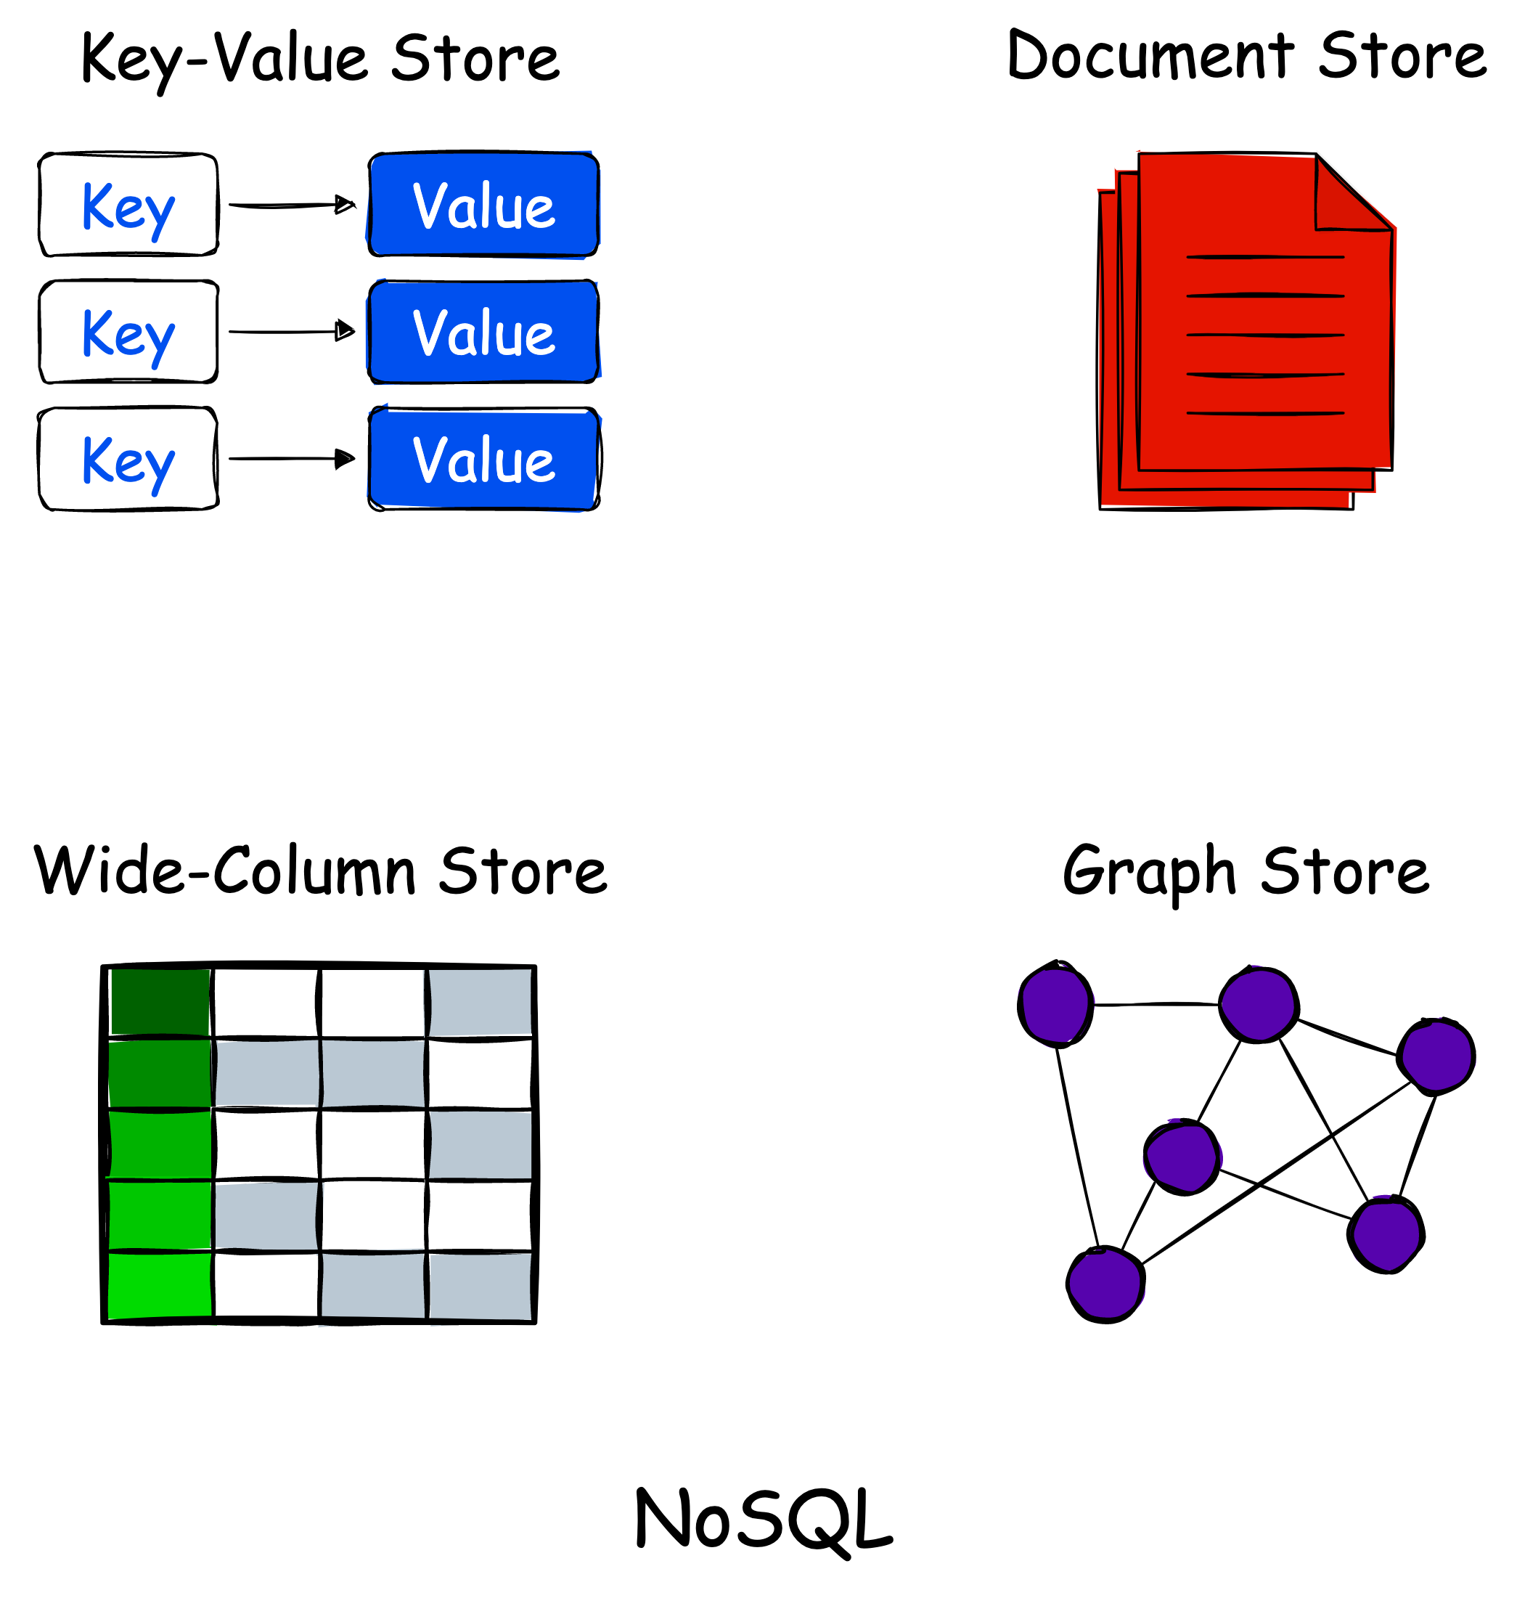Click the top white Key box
click(x=128, y=205)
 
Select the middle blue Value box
click(x=483, y=332)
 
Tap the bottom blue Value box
click(x=483, y=459)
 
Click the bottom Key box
click(x=128, y=459)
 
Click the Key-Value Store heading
click(x=320, y=58)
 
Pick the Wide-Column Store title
click(x=320, y=871)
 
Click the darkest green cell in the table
click(x=160, y=1001)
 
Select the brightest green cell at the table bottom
click(x=160, y=1286)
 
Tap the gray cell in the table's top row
click(x=480, y=1001)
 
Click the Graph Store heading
click(x=1246, y=871)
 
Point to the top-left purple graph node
click(x=1055, y=1005)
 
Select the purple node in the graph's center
click(x=1182, y=1157)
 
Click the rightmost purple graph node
click(x=1437, y=1056)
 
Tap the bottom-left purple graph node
click(x=1105, y=1284)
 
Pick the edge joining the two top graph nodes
click(x=1156, y=1004)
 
